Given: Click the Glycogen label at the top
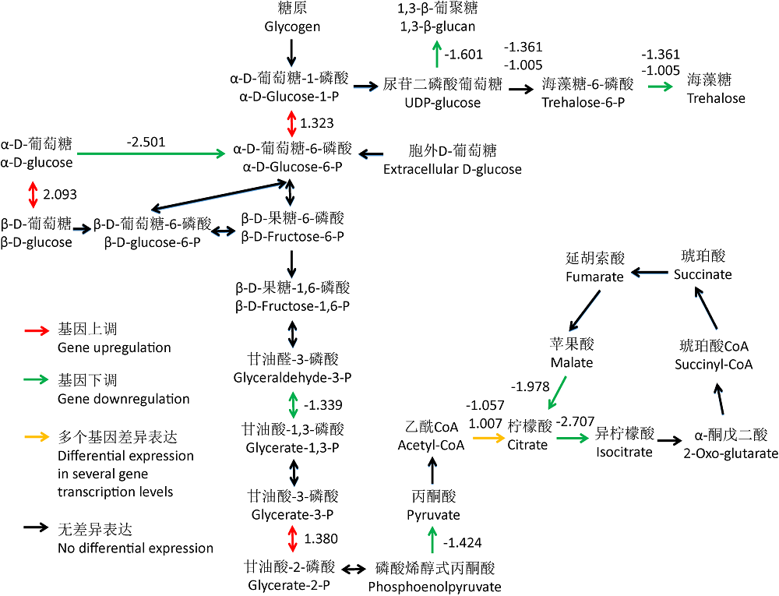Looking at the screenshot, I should pyautogui.click(x=292, y=26).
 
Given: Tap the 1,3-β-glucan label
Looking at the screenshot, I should pyautogui.click(x=437, y=26).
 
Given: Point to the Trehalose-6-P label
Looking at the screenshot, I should pyautogui.click(x=588, y=102).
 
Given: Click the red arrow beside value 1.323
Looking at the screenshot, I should pyautogui.click(x=291, y=123).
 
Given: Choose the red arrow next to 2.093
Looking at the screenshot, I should pyautogui.click(x=33, y=194).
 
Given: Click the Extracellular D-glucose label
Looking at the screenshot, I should pyautogui.click(x=453, y=169).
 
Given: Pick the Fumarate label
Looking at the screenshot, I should pyautogui.click(x=594, y=277).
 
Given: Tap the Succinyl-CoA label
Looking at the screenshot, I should pyautogui.click(x=714, y=365).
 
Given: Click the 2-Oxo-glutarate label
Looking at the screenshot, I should pyautogui.click(x=731, y=453).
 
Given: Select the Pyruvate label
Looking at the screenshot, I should pyautogui.click(x=433, y=514).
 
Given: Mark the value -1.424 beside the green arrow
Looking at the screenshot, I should pyautogui.click(x=462, y=541).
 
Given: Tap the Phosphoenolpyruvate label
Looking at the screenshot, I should pyautogui.click(x=434, y=586).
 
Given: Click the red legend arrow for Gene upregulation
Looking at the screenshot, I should pyautogui.click(x=37, y=330).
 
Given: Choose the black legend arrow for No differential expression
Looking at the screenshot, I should pyautogui.click(x=37, y=528).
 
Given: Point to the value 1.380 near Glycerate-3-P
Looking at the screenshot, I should pyautogui.click(x=321, y=538).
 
